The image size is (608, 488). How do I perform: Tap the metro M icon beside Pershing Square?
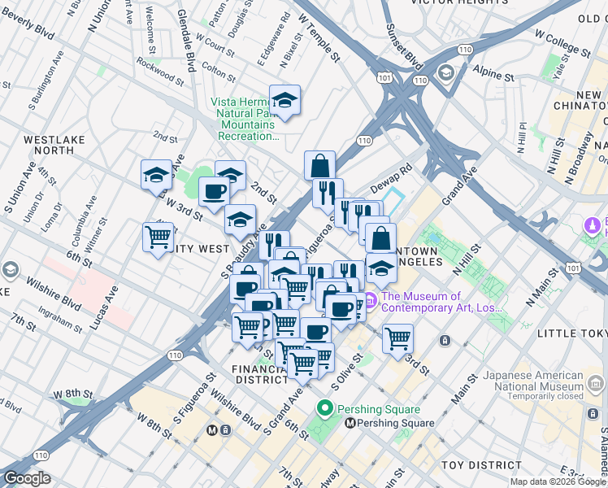(x=350, y=423)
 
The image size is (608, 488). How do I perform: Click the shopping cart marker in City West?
(x=158, y=237)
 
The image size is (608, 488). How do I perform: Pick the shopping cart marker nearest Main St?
(x=397, y=337)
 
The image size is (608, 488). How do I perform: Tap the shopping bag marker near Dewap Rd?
(x=320, y=165)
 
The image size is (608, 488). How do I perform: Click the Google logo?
(x=26, y=478)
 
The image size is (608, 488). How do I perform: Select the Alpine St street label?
(x=496, y=74)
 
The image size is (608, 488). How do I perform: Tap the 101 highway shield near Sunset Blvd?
(x=384, y=78)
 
